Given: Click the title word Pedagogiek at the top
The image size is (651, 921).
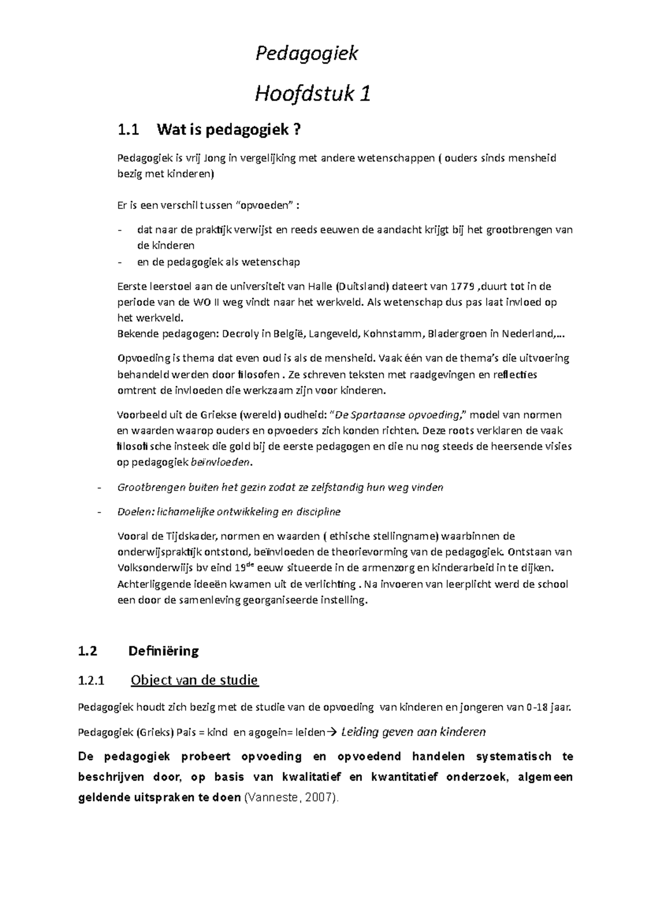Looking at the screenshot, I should [307, 54].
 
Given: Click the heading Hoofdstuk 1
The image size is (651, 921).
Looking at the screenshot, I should [313, 94].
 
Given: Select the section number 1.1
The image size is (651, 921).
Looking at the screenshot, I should [128, 130].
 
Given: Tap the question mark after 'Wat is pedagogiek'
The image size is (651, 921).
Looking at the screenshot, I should [296, 130].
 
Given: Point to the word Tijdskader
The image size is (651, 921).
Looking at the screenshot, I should [190, 536].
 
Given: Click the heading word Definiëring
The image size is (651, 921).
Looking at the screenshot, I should [163, 651].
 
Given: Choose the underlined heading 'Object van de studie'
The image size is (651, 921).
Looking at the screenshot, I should [195, 680].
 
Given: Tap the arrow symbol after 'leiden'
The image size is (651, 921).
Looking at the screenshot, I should [333, 732].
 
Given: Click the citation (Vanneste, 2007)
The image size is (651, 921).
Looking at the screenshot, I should [292, 798].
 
